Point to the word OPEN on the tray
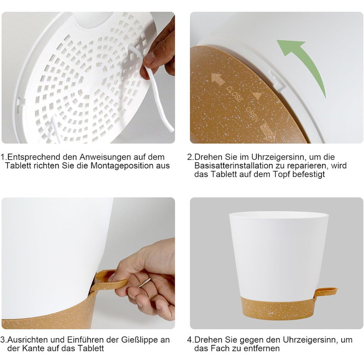(253, 114)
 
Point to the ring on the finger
(145, 283)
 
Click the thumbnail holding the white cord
(149, 58)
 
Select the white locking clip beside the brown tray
(277, 81)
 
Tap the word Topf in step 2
(281, 175)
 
